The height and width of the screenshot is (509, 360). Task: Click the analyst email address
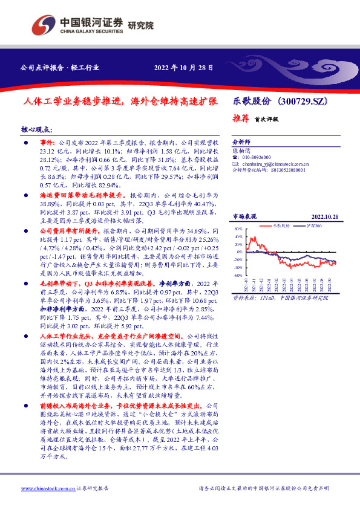point(275,163)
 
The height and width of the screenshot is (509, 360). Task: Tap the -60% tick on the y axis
point(238,275)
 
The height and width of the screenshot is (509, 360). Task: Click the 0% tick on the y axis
point(239,253)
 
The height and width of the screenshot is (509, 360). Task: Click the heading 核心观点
point(37,129)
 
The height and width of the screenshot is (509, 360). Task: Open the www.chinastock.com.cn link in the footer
point(48,488)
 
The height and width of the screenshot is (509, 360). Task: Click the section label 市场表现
point(244,216)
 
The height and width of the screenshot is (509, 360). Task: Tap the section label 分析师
point(241,138)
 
